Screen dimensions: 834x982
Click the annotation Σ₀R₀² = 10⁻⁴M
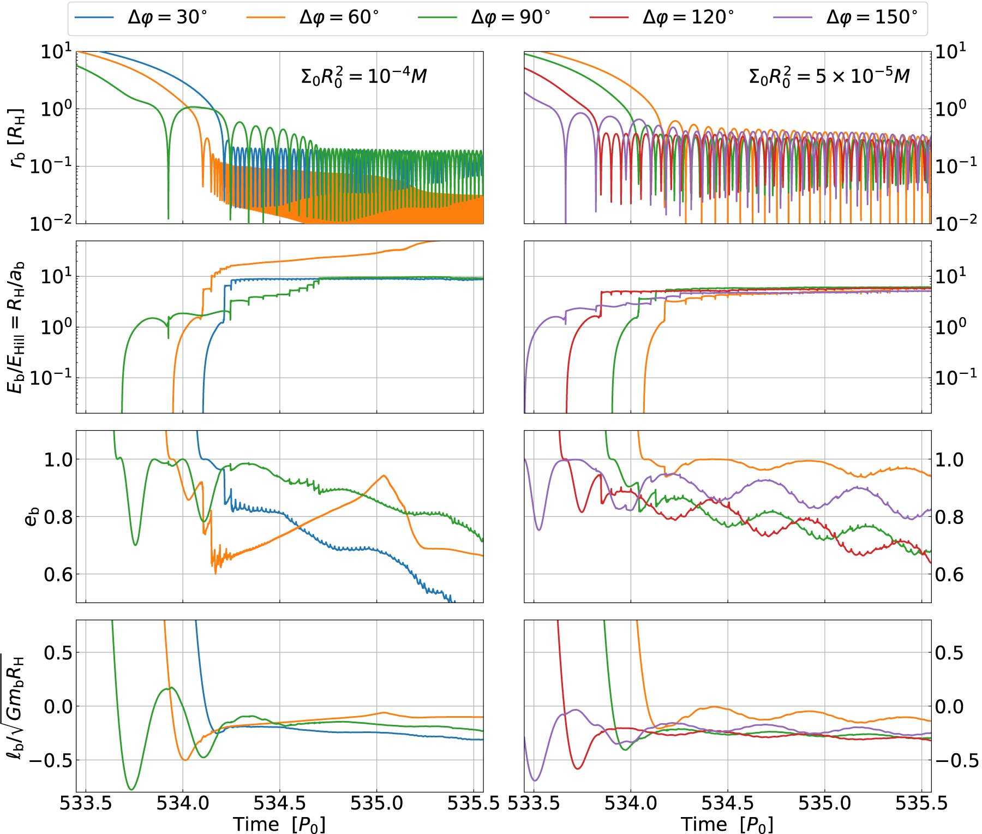point(364,76)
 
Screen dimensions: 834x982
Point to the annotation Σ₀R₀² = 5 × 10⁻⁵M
point(829,76)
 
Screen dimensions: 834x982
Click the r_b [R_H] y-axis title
point(17,138)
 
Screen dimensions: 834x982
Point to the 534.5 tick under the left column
point(279,803)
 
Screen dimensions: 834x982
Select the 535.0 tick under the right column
point(824,803)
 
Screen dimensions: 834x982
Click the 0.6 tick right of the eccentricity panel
point(950,574)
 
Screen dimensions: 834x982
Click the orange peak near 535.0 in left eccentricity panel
point(385,475)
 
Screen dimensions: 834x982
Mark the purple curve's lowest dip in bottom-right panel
point(535,780)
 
